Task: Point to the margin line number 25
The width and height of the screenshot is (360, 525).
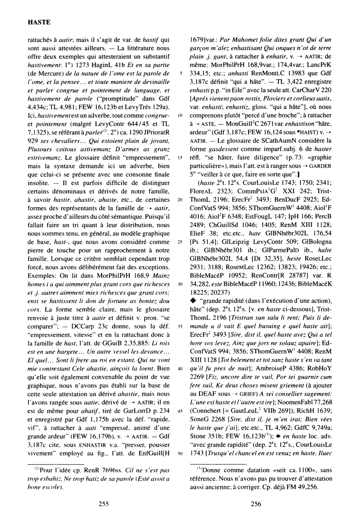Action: [180, 241]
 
